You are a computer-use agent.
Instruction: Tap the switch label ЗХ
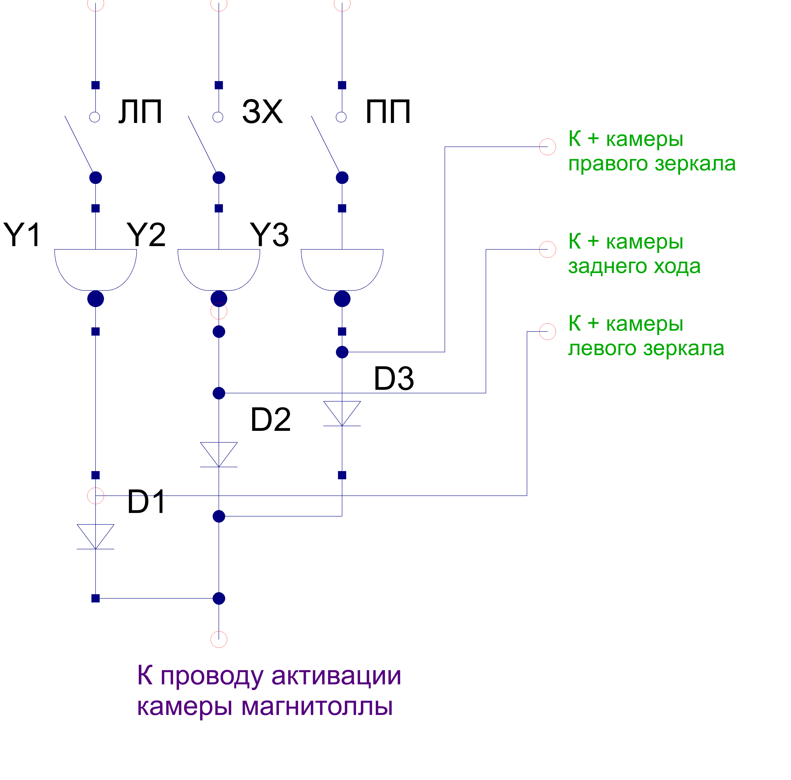pos(262,112)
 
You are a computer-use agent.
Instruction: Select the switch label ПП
pos(388,112)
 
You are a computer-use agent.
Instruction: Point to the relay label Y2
pos(146,235)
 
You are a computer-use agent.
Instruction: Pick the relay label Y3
pos(269,235)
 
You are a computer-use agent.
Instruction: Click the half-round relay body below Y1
pos(95,268)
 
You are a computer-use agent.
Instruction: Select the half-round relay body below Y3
pos(342,268)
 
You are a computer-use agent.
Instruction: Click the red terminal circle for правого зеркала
pos(547,146)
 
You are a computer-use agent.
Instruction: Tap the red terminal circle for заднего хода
pos(547,249)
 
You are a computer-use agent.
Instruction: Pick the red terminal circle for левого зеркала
pos(547,331)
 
